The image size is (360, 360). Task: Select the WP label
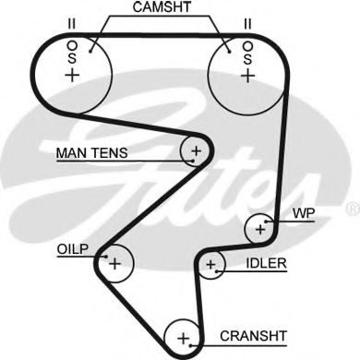305,213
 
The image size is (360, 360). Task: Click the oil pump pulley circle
115,264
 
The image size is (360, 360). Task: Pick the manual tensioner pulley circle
196,150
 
